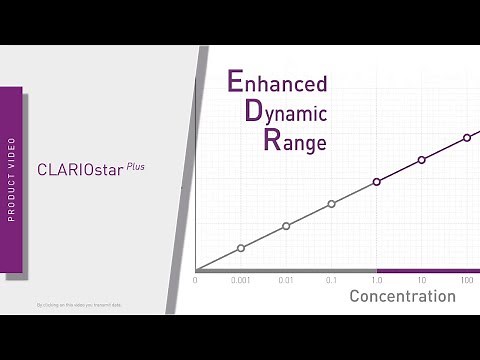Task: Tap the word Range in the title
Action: tap(281, 141)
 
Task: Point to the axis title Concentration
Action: tap(402, 297)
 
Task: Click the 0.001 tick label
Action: tap(240, 280)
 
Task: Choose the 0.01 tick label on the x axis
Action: tap(286, 280)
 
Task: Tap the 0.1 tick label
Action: tap(331, 280)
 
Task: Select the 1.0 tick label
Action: tap(377, 280)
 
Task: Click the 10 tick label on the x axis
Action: tap(422, 280)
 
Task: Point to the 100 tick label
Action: tap(467, 280)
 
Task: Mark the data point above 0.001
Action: tap(241, 248)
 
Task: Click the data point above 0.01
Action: tap(286, 226)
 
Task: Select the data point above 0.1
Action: tap(331, 204)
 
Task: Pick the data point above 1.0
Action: tap(377, 182)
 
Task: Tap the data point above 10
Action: tap(422, 160)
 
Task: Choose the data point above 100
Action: tap(467, 138)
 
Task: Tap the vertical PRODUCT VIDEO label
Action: tap(11, 179)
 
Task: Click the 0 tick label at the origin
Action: tap(196, 280)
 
